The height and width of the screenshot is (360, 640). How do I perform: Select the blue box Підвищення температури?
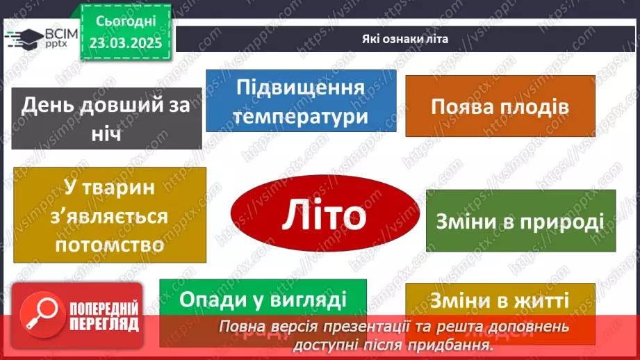[300, 101]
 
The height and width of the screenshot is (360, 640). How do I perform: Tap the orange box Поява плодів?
[500, 106]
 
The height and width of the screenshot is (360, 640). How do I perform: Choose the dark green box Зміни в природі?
[520, 221]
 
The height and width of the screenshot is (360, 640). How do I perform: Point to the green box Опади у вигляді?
[263, 300]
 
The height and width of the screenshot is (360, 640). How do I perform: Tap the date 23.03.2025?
[126, 42]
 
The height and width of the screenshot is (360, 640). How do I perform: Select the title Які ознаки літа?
[405, 40]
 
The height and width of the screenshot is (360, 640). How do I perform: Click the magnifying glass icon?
[40, 314]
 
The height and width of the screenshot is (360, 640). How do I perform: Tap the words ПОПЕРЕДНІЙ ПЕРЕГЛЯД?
[105, 316]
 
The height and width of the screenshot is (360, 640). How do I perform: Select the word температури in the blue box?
[300, 115]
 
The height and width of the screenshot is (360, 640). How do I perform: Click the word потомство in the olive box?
[110, 245]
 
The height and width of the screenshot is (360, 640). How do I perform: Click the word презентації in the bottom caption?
[370, 327]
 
